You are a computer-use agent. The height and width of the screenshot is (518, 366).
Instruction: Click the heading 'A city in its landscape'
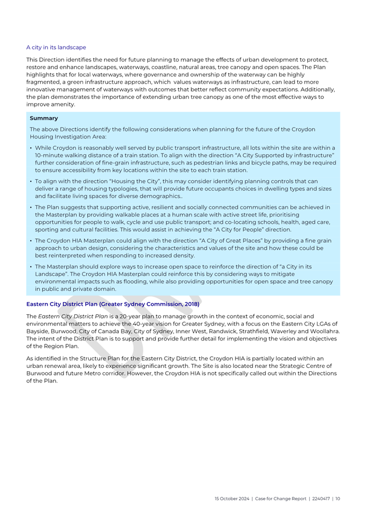coord(56,47)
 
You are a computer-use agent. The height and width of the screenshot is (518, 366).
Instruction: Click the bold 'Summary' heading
coord(44,118)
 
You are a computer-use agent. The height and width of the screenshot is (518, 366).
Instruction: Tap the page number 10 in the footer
coord(338,498)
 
